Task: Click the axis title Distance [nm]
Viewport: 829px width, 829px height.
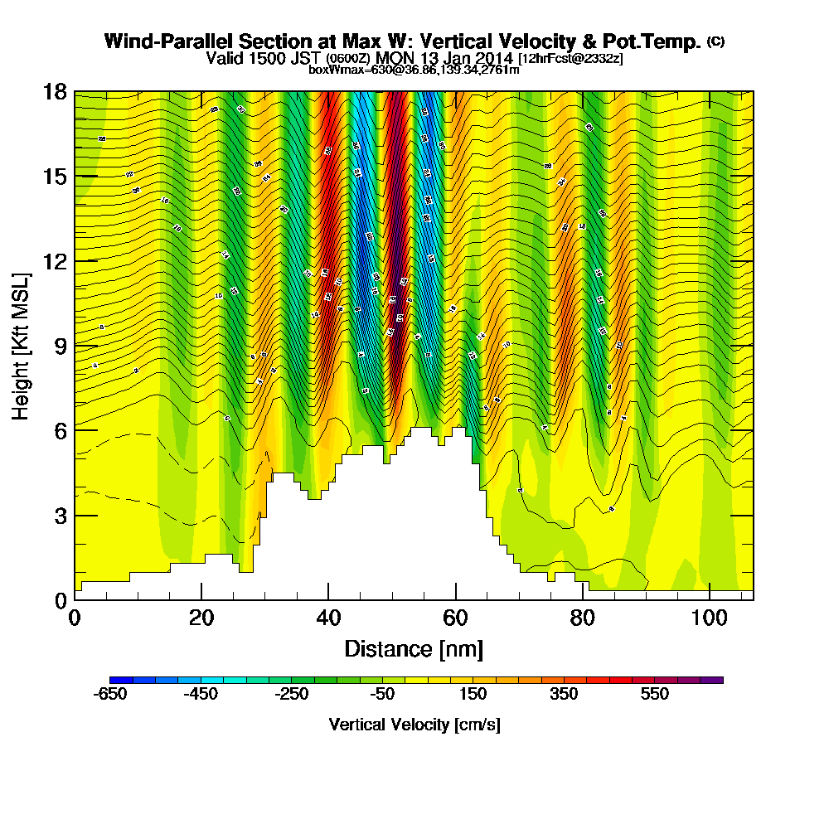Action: point(414,647)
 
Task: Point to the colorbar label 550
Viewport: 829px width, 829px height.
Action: point(654,695)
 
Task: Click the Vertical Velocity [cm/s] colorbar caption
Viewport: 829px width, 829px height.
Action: point(414,725)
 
